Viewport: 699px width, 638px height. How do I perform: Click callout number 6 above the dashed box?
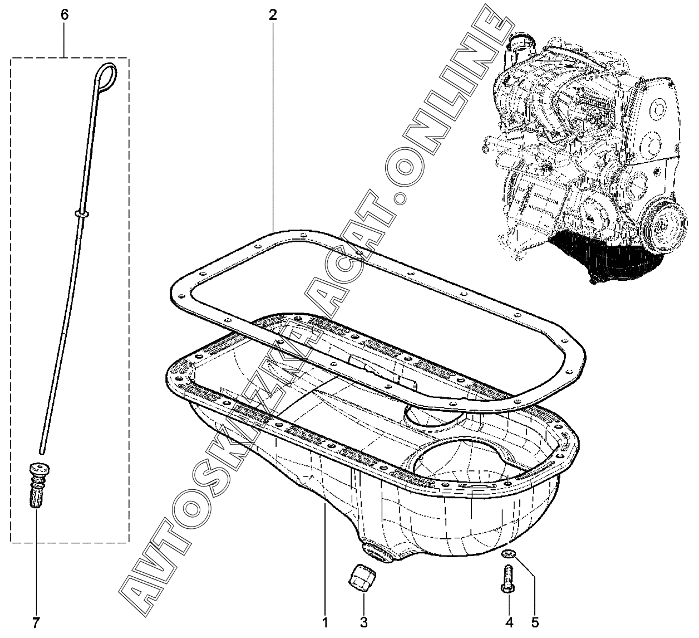click(x=65, y=14)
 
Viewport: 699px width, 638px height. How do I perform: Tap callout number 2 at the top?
click(x=273, y=14)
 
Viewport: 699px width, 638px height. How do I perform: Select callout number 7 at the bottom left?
click(x=36, y=622)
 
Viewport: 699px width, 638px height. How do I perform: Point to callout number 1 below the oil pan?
click(x=325, y=622)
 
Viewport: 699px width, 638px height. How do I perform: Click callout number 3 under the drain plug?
click(x=363, y=622)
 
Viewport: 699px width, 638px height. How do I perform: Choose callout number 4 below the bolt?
click(x=509, y=622)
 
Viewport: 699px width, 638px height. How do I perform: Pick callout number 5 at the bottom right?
click(x=535, y=622)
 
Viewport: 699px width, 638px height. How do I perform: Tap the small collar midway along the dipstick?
click(x=81, y=213)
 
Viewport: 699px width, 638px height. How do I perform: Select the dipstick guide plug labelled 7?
click(x=38, y=485)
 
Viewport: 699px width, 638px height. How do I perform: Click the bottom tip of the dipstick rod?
click(x=42, y=453)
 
